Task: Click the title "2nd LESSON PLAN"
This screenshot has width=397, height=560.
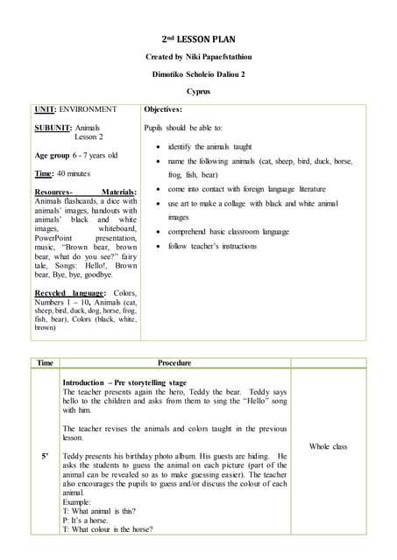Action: click(x=198, y=40)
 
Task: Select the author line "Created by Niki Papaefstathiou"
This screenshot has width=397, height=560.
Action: click(x=198, y=57)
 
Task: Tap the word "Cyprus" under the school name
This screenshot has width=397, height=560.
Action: click(x=198, y=91)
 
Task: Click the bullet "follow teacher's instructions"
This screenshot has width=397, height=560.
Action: click(x=216, y=247)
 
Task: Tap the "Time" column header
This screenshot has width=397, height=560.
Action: click(x=45, y=362)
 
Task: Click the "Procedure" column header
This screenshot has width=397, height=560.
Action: click(x=174, y=362)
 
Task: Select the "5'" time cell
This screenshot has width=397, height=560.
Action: click(x=44, y=456)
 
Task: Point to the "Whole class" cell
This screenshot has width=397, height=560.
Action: click(x=328, y=446)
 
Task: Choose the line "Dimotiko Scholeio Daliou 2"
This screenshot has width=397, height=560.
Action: click(x=198, y=73)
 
